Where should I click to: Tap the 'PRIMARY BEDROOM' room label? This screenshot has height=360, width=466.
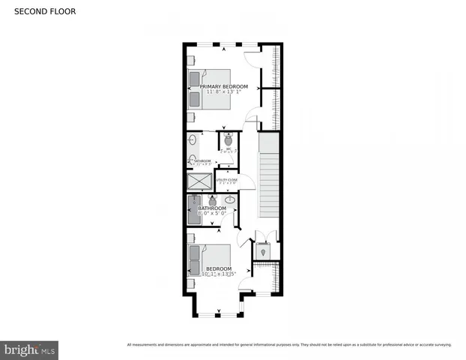223,87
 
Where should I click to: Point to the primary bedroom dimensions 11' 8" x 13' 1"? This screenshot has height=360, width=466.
223,92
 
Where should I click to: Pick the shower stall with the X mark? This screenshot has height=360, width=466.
200,181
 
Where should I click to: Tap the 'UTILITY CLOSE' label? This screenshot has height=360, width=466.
227,180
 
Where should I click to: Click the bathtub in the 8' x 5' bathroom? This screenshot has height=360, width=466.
195,210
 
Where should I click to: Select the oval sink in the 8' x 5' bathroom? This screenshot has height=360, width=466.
229,200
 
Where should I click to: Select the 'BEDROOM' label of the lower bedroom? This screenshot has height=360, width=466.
219,268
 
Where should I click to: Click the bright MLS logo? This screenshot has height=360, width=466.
30,349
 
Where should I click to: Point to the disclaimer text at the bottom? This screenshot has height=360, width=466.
289,345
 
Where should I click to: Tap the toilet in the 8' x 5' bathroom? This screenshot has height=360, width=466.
213,201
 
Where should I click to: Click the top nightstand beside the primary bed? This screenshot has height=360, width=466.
193,76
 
